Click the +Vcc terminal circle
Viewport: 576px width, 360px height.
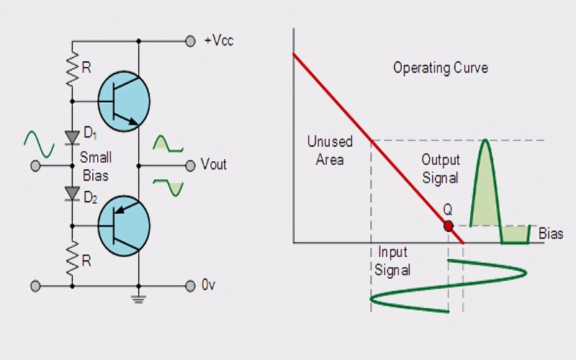coord(190,41)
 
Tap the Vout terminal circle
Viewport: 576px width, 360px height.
coord(190,166)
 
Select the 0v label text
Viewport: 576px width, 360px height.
coord(208,285)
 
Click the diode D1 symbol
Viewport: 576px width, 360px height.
coord(72,138)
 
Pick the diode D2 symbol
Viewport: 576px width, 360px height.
coord(72,194)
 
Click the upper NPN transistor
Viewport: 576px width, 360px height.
coord(124,102)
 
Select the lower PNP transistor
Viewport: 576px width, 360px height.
coord(124,226)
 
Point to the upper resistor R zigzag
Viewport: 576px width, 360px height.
coord(73,69)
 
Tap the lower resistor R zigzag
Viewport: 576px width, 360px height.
coord(73,258)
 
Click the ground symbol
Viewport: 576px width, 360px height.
coord(138,299)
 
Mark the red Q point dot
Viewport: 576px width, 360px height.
coord(448,226)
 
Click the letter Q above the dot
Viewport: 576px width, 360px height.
coord(447,210)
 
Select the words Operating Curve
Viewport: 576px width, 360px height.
coord(441,68)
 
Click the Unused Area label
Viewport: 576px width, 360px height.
coord(330,150)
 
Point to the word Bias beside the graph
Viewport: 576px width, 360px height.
coord(551,233)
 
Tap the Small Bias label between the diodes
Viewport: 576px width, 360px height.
coord(96,166)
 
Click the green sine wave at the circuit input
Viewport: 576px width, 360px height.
coord(39,144)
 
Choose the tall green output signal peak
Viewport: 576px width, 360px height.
coord(485,183)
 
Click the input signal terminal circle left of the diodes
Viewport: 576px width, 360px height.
coord(35,166)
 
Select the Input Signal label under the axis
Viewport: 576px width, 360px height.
coord(392,261)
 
